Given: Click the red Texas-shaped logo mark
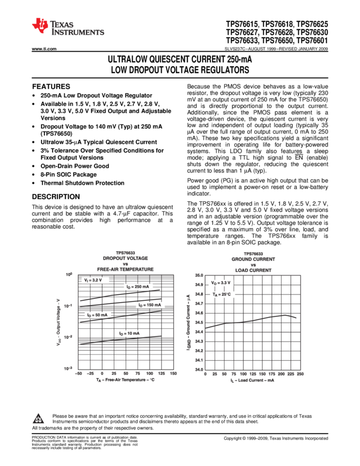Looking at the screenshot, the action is (40, 25).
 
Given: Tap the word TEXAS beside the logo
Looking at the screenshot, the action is (62, 25).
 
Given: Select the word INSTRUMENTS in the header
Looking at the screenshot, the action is (78, 33).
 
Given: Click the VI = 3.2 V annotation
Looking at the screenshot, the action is (95, 280).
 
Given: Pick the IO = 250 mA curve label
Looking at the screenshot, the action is (138, 287).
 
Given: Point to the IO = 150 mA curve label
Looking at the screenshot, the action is (150, 305).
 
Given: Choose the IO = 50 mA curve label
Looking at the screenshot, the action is (98, 315).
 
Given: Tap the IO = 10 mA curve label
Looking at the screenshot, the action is (129, 333).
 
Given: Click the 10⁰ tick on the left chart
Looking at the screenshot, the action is (68, 275).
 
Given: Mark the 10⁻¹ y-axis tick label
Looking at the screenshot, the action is (68, 306).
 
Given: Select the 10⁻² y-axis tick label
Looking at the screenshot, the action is (68, 337).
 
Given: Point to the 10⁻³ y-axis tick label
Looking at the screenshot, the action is (67, 369).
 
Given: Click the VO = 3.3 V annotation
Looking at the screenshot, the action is (221, 283).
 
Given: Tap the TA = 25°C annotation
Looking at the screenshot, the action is (222, 294).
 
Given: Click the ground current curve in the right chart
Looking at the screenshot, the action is (252, 320).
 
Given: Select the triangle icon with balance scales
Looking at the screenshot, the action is (38, 419).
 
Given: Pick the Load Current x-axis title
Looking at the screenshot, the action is (252, 380).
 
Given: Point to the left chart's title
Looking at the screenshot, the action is (125, 261).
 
